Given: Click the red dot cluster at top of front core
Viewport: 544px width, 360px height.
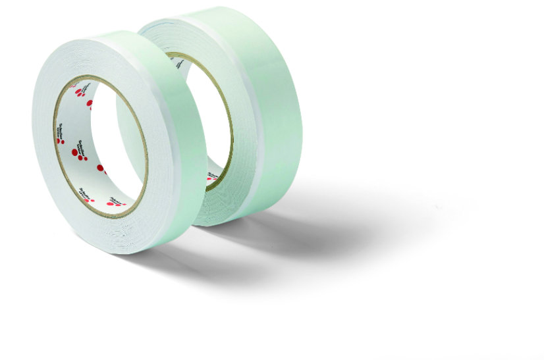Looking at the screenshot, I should (x=80, y=92).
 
